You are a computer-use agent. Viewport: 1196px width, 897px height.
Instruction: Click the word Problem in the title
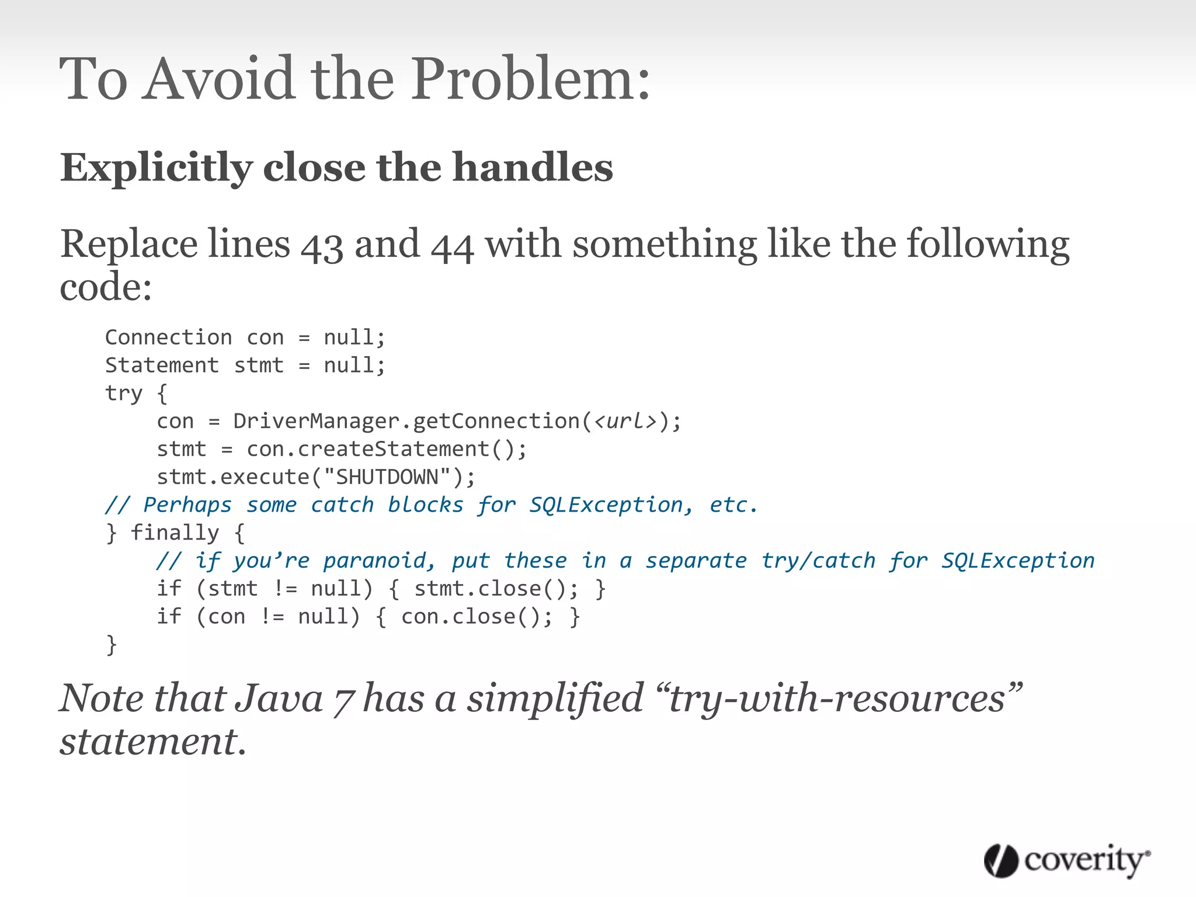(530, 79)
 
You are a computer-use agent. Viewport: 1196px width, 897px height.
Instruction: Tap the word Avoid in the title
(219, 79)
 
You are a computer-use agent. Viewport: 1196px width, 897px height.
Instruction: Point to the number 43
(322, 246)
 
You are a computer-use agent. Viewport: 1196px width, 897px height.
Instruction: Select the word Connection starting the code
(168, 338)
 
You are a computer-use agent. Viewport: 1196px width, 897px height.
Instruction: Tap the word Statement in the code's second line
(162, 366)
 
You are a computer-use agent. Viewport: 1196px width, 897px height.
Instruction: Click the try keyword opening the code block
(123, 393)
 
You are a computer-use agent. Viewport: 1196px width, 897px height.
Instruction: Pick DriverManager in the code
(317, 421)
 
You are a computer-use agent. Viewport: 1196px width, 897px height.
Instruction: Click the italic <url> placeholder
(625, 421)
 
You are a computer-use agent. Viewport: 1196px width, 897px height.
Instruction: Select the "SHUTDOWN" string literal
(387, 477)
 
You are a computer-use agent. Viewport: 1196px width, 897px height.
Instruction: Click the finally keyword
(175, 533)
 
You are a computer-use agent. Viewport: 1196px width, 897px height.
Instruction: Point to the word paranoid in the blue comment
(378, 561)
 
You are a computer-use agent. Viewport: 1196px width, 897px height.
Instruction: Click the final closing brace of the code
(112, 645)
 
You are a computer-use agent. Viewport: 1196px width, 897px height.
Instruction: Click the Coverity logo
(1066, 861)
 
